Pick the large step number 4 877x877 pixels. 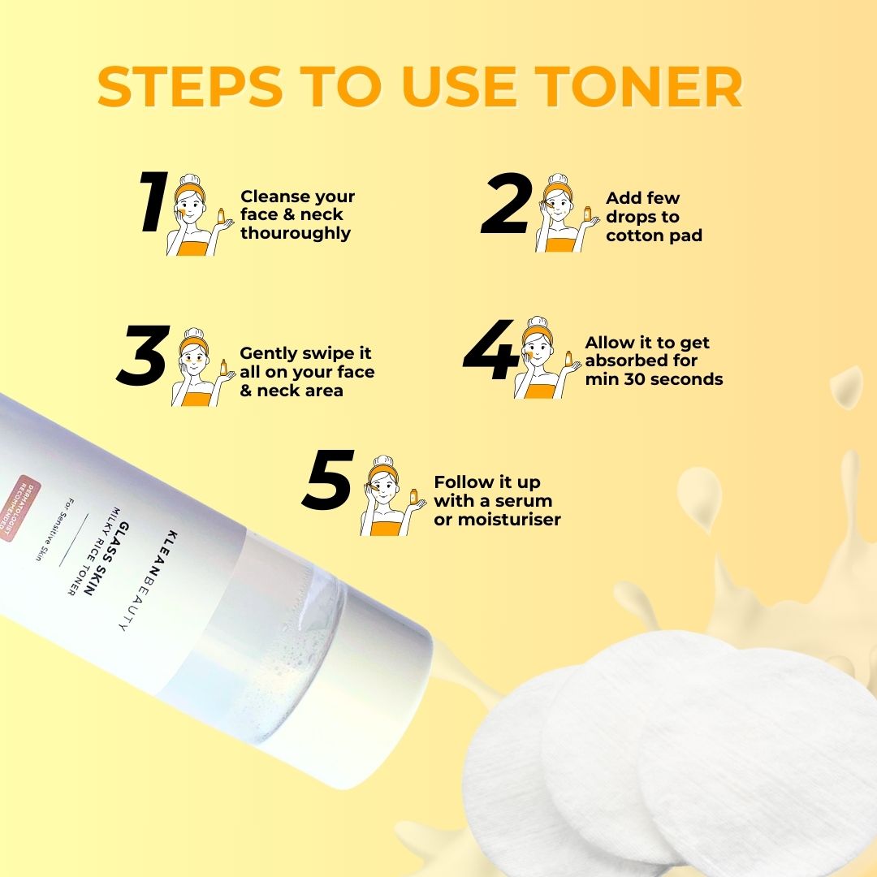pyautogui.click(x=490, y=350)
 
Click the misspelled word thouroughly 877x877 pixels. pyautogui.click(x=296, y=234)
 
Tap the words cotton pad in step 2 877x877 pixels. pyautogui.click(x=654, y=236)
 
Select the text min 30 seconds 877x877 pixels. pyautogui.click(x=654, y=379)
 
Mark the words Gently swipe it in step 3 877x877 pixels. pyautogui.click(x=305, y=353)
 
